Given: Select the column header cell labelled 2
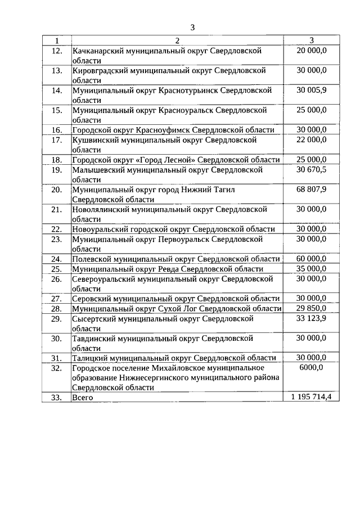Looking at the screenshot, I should [176, 40].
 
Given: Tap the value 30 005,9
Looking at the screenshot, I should [311, 90].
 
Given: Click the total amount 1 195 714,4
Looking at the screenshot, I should [311, 397].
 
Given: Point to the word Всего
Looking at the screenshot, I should [83, 398].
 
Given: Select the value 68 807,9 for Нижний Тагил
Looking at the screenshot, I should [311, 190].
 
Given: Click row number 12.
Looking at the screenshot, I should [56, 51].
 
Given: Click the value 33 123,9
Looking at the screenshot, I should [311, 318].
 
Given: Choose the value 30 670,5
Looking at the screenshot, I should [311, 170].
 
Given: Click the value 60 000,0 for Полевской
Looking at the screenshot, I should [311, 259].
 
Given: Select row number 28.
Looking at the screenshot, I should [56, 309].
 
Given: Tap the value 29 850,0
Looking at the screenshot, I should [311, 308].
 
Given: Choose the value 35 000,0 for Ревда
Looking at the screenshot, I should [311, 269].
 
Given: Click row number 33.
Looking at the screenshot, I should [56, 398].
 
